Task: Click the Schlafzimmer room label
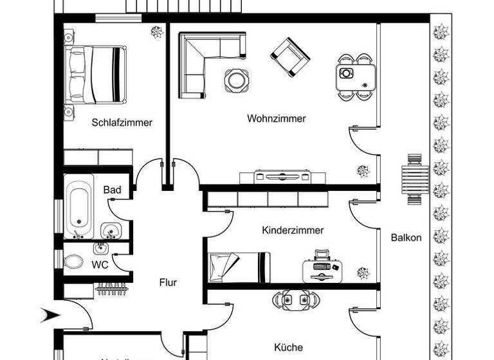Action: coord(122,122)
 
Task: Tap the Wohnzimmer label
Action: coord(276,118)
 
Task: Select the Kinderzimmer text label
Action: coord(293,230)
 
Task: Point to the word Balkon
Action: coord(406,237)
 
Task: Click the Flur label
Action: coord(168,282)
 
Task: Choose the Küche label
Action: coord(288,347)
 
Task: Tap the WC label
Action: coord(100,264)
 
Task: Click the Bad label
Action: coord(112,190)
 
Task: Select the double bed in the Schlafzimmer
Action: coord(95,74)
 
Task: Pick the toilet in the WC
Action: coord(73,262)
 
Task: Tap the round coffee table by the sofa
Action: coord(235,79)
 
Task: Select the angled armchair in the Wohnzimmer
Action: coord(289,57)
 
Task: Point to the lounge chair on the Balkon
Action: coord(415,179)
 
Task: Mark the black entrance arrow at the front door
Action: coord(50,315)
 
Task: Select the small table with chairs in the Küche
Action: coord(296,300)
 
